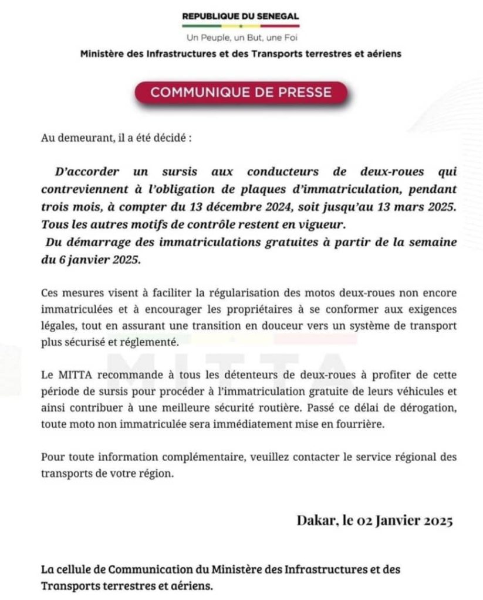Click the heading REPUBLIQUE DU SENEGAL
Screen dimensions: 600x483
pos(241,16)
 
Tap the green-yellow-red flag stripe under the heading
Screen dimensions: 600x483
pos(241,26)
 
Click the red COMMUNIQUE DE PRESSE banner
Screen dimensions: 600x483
pos(241,92)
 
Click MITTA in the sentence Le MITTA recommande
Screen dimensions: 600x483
pos(72,375)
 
